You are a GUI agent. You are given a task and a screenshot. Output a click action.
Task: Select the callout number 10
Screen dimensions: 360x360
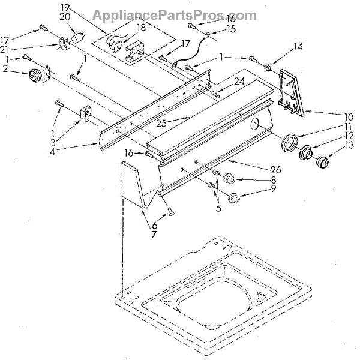(348, 116)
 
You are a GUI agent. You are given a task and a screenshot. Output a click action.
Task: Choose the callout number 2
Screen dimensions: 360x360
(5, 70)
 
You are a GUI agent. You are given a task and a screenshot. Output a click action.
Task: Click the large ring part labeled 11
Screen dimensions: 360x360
(290, 143)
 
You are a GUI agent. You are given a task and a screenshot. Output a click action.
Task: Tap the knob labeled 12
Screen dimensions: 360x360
(307, 154)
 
